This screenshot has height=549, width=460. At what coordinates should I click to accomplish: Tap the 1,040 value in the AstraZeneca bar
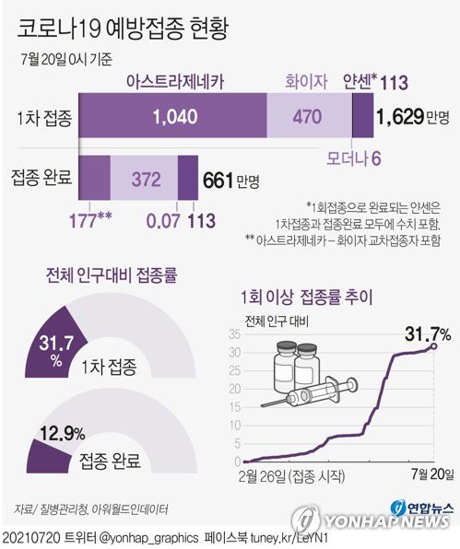[174, 117]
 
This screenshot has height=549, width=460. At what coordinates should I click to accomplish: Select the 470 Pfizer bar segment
[309, 117]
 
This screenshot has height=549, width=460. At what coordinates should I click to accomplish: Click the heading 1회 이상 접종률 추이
[303, 298]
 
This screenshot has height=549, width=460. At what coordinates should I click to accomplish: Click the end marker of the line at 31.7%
[434, 346]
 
